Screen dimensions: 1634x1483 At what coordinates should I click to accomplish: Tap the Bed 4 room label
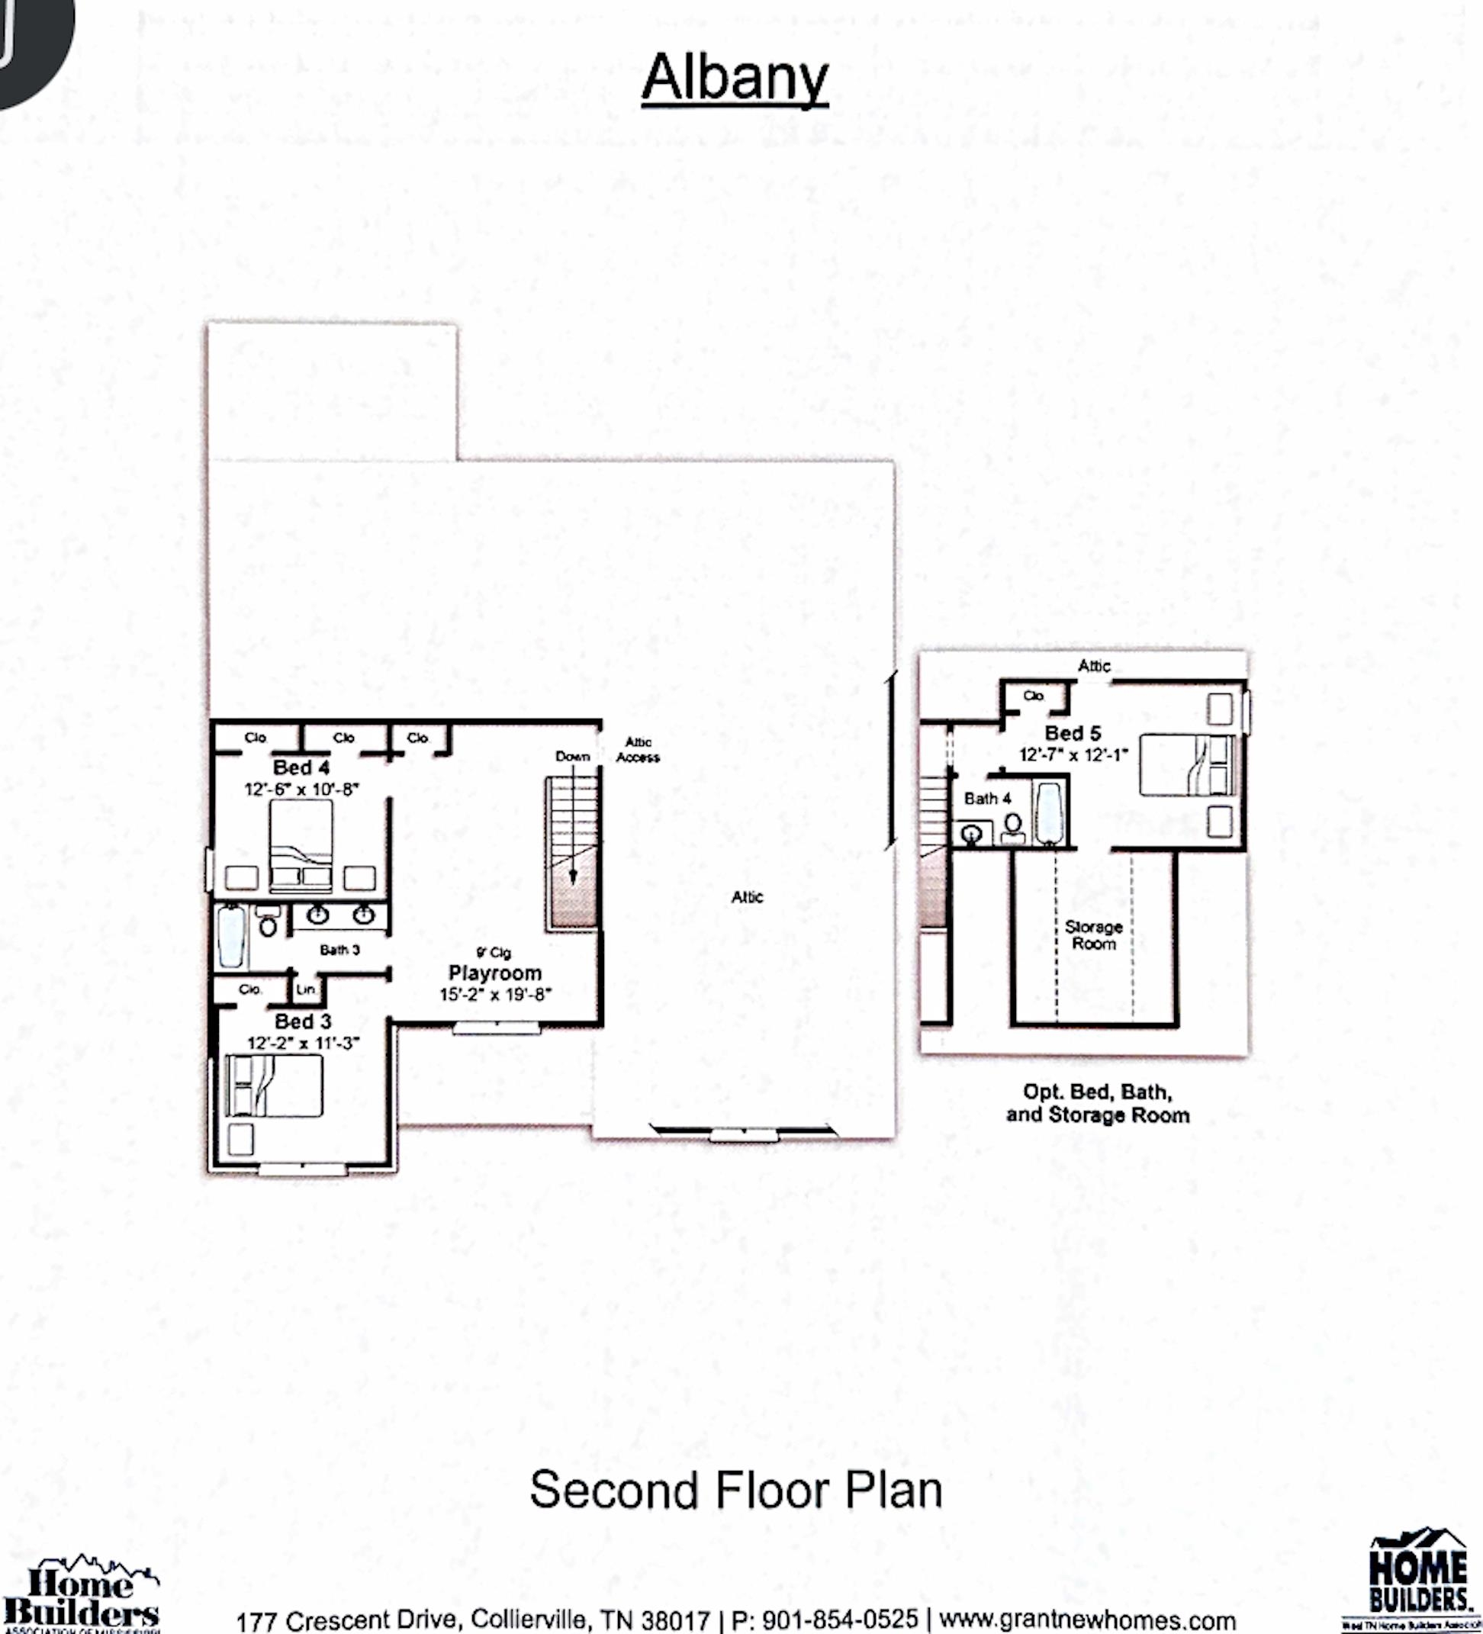[x=301, y=767]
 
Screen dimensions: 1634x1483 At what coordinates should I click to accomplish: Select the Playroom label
[x=494, y=973]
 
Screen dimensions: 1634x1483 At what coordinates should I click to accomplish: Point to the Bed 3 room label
[x=302, y=1021]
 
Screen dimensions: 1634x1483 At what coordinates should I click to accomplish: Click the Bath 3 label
[x=339, y=949]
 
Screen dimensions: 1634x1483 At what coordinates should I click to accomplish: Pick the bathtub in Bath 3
[x=231, y=936]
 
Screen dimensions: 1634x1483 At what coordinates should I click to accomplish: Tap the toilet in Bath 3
[x=269, y=923]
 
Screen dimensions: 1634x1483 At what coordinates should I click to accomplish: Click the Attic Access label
[x=638, y=750]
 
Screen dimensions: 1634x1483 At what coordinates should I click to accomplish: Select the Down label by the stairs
[x=572, y=756]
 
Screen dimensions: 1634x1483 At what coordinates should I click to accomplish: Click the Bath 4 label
[x=987, y=799]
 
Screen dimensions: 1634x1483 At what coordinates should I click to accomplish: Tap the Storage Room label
[x=1093, y=934]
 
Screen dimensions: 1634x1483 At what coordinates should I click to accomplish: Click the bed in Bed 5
[x=1186, y=765]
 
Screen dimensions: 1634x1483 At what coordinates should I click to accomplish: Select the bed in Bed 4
[x=301, y=843]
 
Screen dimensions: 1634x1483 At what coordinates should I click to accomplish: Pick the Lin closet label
[x=304, y=989]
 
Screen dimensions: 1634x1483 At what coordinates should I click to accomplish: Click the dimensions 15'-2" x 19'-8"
[x=495, y=995]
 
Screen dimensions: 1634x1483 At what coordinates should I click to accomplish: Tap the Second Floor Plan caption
[x=736, y=1490]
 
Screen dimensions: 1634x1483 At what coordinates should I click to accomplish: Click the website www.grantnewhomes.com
[x=1087, y=1620]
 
